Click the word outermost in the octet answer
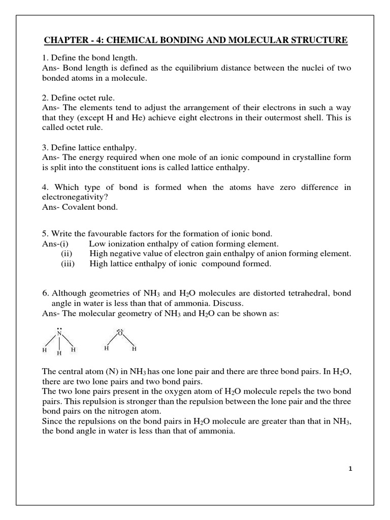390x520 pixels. point(266,118)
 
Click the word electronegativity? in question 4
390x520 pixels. point(76,197)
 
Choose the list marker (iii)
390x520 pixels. point(69,264)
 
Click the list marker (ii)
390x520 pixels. point(70,253)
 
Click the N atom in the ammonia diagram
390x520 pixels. point(59,334)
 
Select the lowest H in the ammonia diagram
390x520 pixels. point(59,353)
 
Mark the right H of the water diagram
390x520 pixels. point(134,349)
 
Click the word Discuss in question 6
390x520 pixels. point(216,304)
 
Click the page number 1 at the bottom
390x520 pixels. point(350,469)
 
